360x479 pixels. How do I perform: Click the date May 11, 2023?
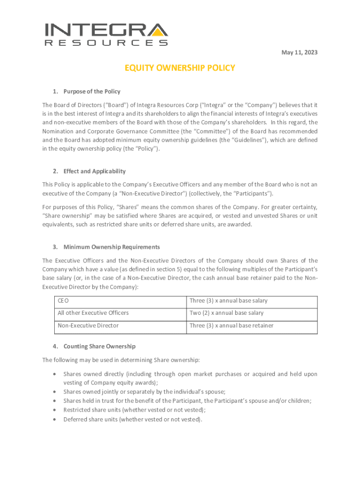click(x=299, y=52)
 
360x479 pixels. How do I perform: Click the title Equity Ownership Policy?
click(x=180, y=68)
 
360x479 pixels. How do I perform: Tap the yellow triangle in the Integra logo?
click(x=160, y=31)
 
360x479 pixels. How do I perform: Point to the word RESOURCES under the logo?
click(x=106, y=43)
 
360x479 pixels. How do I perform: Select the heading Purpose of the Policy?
click(x=92, y=92)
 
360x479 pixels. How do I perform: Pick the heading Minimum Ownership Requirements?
click(x=112, y=247)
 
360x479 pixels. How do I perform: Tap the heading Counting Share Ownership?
click(x=99, y=347)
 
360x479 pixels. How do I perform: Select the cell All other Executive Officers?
click(x=93, y=313)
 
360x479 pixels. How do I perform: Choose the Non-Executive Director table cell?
click(x=88, y=326)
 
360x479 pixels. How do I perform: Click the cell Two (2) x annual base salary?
click(x=226, y=313)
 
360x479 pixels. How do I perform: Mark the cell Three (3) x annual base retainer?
click(x=231, y=326)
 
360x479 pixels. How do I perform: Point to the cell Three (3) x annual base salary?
click(x=228, y=301)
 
